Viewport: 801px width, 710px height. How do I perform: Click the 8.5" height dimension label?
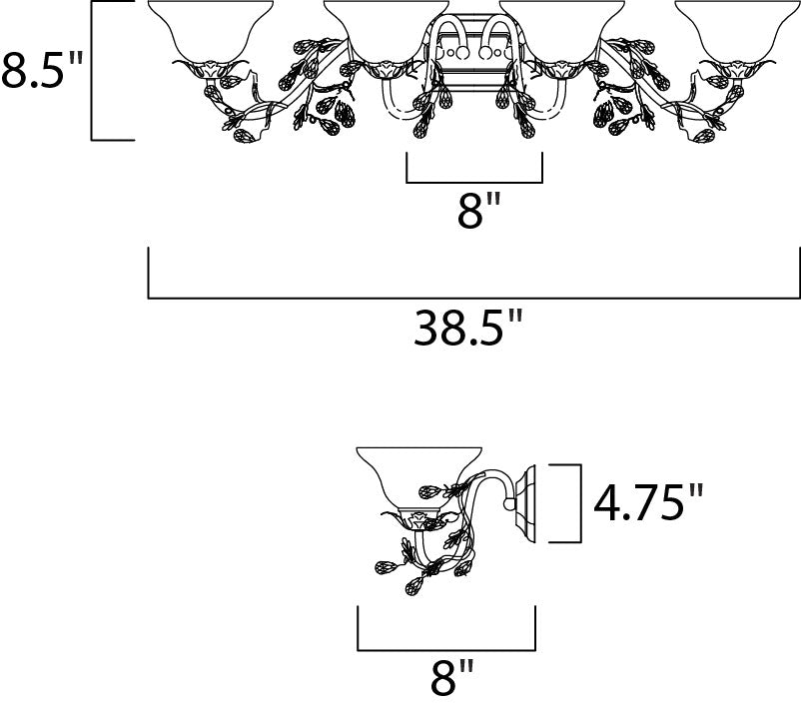tap(42, 70)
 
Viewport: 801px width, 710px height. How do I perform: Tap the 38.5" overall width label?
tap(468, 328)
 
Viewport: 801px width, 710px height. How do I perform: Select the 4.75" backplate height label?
tap(648, 502)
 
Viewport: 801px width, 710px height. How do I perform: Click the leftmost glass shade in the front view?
tap(210, 31)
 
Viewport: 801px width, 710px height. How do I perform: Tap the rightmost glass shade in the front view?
tap(738, 31)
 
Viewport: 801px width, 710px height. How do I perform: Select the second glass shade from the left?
tap(387, 31)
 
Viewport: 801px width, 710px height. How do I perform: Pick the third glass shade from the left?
tap(562, 31)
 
